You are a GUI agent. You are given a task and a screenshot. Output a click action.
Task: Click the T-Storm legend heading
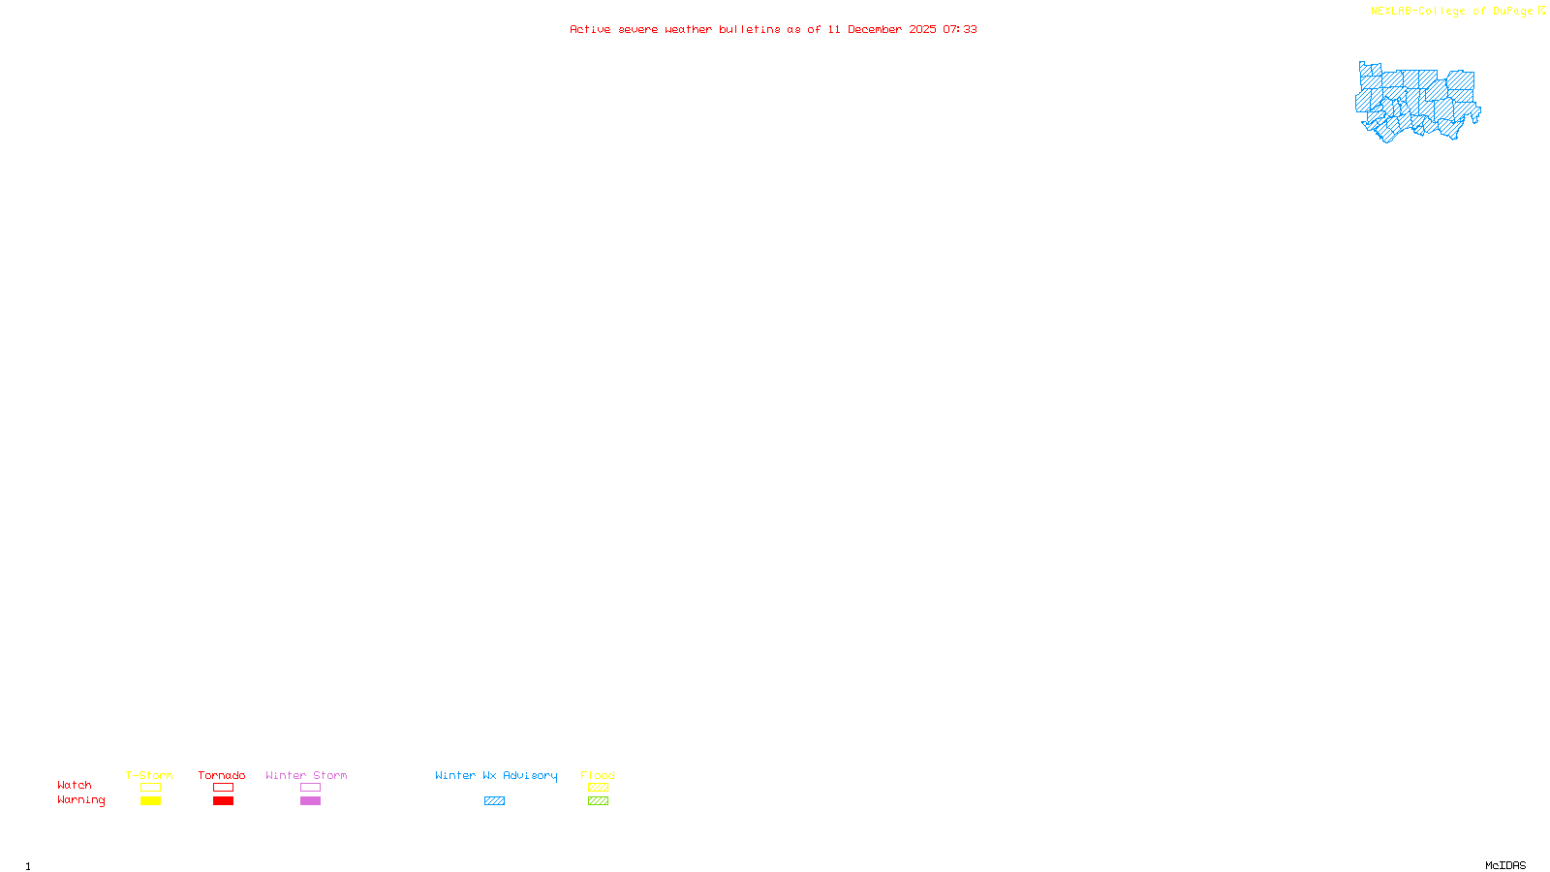pos(149,775)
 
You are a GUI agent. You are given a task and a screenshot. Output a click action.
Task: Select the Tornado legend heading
pos(222,775)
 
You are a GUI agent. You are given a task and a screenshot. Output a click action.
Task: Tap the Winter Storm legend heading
pos(306,775)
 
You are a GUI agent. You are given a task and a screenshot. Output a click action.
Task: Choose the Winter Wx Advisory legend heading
pos(496,775)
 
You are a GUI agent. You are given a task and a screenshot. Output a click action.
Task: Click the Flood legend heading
pos(598,775)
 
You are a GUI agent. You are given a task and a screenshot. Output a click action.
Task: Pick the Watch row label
pos(75,785)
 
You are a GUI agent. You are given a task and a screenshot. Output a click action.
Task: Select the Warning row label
pos(81,800)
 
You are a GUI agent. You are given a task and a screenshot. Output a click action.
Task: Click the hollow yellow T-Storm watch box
pos(150,788)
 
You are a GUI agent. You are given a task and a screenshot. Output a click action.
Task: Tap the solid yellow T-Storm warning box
pos(150,801)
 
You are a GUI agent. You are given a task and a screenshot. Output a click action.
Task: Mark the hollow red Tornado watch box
pos(223,788)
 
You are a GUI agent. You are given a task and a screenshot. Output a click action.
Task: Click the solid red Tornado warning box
pos(223,801)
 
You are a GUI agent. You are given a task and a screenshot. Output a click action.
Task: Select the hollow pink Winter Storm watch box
pos(310,788)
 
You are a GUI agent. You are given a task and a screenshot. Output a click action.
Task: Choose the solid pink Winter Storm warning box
pos(310,801)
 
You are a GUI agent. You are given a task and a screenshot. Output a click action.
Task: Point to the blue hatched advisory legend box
pos(494,801)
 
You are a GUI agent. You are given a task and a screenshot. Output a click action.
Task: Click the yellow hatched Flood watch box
pos(598,788)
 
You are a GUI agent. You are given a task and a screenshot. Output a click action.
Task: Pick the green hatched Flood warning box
pos(598,801)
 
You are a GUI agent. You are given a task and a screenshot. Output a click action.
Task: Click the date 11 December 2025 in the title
pos(882,29)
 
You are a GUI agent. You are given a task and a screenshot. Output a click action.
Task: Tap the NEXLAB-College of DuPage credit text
pos(1452,12)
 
